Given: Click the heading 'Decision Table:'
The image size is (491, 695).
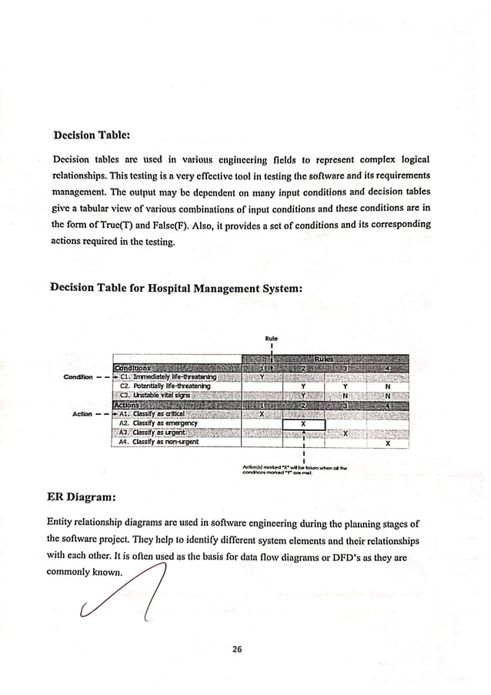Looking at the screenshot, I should coord(91,135).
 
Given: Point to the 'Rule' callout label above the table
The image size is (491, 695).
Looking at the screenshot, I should coord(271,338).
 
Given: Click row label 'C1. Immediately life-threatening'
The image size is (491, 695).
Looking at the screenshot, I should coord(169,377).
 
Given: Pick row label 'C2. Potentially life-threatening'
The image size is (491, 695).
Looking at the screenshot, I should coord(164,386).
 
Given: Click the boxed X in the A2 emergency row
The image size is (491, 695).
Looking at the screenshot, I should coord(304,424).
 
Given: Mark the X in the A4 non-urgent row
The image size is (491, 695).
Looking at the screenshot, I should coord(387,443).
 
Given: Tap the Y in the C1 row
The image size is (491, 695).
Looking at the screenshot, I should coord(262,377).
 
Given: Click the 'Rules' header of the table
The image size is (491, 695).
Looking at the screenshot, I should coord(324,359).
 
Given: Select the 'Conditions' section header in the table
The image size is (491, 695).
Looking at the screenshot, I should coord(134,368).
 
